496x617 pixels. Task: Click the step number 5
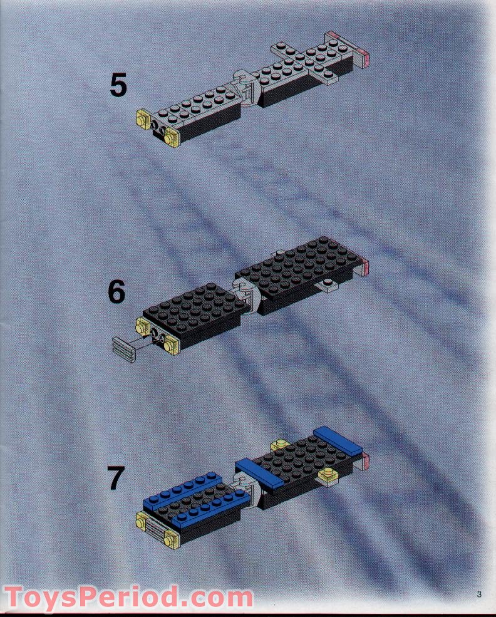pos(118,86)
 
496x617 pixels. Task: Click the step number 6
pos(116,292)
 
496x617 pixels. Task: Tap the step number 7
pos(115,479)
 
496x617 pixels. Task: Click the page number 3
pos(479,595)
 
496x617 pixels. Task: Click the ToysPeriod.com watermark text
pos(128,596)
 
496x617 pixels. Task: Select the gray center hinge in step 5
pos(245,90)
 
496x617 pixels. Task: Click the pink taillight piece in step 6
pos(365,268)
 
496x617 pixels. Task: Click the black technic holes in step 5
pos(160,130)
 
